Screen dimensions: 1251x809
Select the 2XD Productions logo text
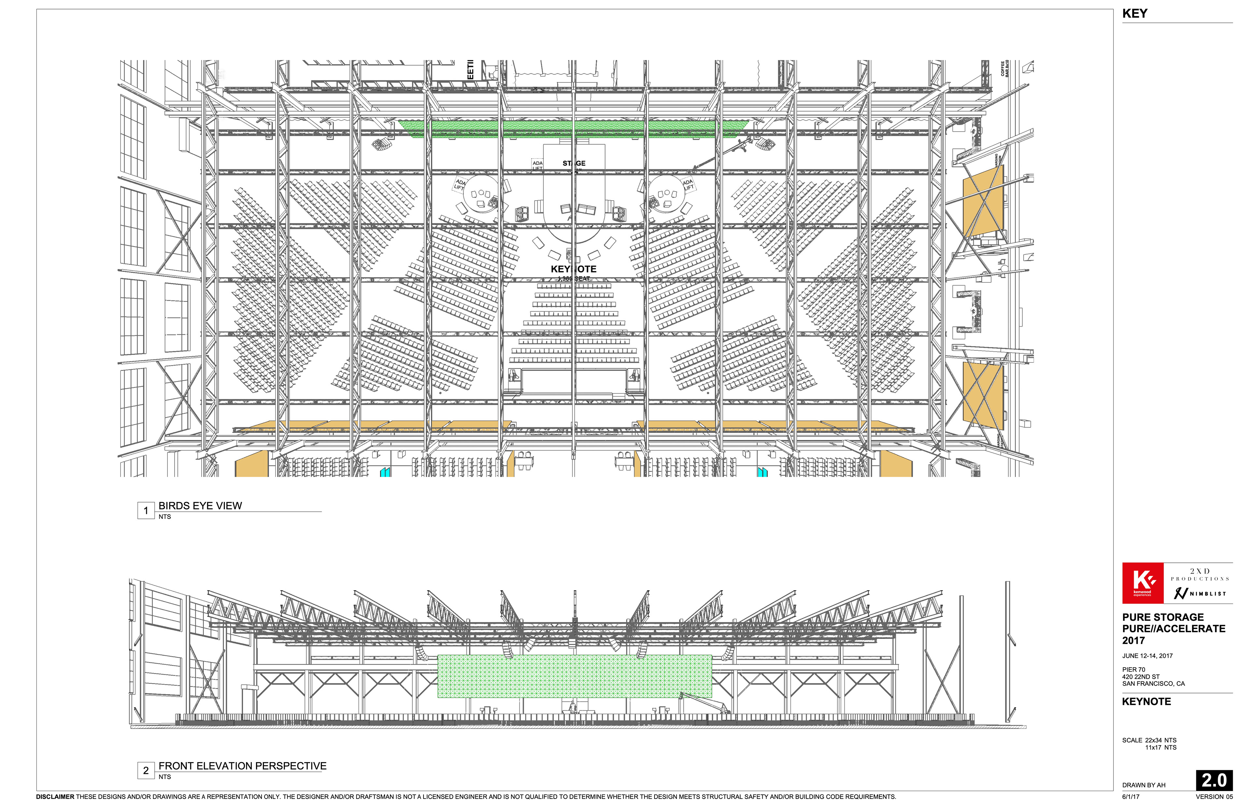1200,574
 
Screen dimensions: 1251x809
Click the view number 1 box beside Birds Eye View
146,510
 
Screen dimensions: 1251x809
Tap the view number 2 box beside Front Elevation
146,770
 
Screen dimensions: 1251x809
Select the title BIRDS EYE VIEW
200,505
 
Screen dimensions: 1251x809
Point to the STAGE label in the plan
574,163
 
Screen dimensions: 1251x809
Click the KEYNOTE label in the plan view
573,269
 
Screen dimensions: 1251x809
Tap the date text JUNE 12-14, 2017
1147,656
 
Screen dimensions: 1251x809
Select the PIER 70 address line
1133,669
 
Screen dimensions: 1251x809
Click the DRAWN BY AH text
1143,785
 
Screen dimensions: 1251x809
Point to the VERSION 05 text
1214,796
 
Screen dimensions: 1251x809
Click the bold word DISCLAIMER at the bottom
55,796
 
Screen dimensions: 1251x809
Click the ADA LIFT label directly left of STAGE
537,165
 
